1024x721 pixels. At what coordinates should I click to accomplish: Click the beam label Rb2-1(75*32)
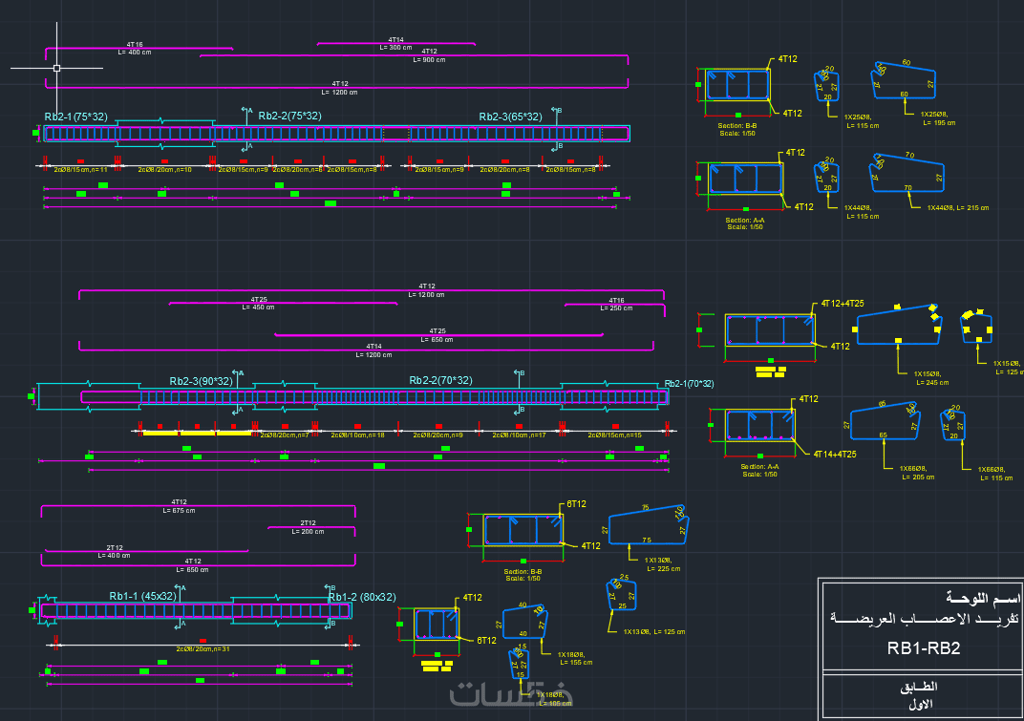pos(75,117)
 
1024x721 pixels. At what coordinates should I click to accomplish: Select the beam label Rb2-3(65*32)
pos(510,117)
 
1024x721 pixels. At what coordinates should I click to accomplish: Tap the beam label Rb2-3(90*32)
pos(201,381)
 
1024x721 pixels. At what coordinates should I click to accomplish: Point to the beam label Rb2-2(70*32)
pos(440,380)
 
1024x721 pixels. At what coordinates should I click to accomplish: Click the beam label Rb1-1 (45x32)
pos(142,596)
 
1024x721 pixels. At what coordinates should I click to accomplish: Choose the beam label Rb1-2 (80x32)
pos(362,597)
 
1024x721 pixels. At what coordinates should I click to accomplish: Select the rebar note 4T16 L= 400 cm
pos(135,49)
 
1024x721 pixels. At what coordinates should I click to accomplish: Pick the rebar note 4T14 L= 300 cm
pos(395,43)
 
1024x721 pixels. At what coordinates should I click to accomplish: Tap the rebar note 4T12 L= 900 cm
pos(429,55)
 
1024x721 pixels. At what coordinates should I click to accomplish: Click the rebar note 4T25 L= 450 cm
pos(258,304)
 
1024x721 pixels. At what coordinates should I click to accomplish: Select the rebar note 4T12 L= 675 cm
pos(179,506)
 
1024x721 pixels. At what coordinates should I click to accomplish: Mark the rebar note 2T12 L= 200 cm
pos(308,527)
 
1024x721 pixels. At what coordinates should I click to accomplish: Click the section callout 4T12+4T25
pos(843,304)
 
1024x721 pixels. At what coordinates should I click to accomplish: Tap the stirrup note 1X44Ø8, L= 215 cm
pos(958,207)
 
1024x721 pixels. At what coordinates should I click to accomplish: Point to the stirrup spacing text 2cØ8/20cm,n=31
pos(203,648)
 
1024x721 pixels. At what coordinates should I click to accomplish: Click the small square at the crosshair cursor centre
pos(56,68)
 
